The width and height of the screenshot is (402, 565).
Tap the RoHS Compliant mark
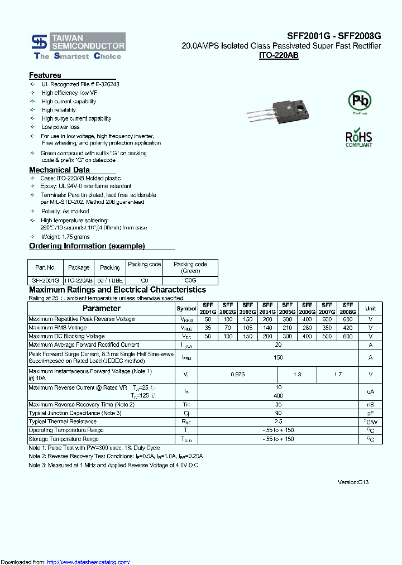358,138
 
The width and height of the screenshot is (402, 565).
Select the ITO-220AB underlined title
279,56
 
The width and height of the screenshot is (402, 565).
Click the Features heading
45,75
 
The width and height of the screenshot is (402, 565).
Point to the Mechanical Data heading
59,170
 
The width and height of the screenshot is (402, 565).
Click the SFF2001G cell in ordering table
45,280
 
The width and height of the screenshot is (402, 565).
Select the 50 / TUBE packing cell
109,280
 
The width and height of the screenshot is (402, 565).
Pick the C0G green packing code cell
190,280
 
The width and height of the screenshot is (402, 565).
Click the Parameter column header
102,308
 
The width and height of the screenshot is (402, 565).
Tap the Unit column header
370,308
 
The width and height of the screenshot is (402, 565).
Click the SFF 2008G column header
348,309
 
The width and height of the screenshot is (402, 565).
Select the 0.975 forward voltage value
237,375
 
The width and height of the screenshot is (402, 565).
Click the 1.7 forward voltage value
338,375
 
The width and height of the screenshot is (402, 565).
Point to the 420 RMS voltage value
348,328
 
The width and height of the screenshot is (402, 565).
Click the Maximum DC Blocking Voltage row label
66,336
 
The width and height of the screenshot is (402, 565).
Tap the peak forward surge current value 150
278,357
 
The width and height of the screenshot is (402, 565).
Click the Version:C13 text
353,482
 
